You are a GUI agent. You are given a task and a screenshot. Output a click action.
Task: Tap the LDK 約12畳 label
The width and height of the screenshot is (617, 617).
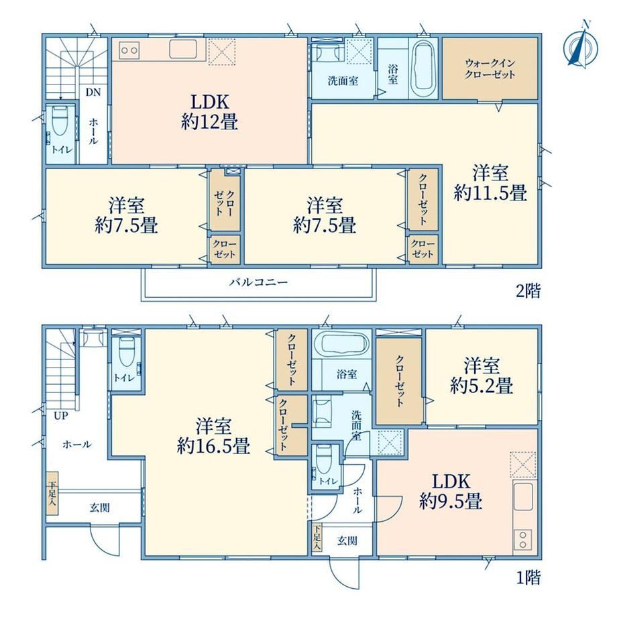[x=209, y=112]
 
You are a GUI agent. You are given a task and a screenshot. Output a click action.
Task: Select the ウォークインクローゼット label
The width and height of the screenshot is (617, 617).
[x=490, y=68]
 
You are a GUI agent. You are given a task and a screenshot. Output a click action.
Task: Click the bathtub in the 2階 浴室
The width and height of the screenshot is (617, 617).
[x=423, y=68]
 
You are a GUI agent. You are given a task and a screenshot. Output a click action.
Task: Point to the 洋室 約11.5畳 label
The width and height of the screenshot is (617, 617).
[x=490, y=183]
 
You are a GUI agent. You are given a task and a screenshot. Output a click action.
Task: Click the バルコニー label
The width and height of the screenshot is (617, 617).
[x=259, y=282]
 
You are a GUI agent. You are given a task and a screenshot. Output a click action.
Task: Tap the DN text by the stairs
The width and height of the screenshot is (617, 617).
[x=93, y=93]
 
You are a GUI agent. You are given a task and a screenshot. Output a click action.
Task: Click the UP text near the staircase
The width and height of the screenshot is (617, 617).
[x=61, y=416]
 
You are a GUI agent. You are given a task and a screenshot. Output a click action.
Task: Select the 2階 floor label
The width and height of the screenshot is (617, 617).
[x=528, y=291]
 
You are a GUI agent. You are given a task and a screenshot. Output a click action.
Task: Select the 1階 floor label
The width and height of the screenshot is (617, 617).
[x=528, y=577]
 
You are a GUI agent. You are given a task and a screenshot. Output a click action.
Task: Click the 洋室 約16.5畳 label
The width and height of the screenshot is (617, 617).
[x=213, y=437]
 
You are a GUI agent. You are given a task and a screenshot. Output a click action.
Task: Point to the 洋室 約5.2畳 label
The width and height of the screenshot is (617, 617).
[x=482, y=376]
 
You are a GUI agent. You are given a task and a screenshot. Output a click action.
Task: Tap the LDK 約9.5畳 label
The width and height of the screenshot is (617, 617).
[x=451, y=492]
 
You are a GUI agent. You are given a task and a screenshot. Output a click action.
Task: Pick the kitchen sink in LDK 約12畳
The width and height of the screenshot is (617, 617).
[x=183, y=49]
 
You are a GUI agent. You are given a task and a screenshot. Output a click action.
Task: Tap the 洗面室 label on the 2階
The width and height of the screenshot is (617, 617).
[x=343, y=81]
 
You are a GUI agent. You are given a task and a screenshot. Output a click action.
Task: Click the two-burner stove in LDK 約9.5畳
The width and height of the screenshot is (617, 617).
[x=523, y=539]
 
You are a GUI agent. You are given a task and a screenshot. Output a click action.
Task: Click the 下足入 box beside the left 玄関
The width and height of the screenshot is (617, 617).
[x=52, y=493]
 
